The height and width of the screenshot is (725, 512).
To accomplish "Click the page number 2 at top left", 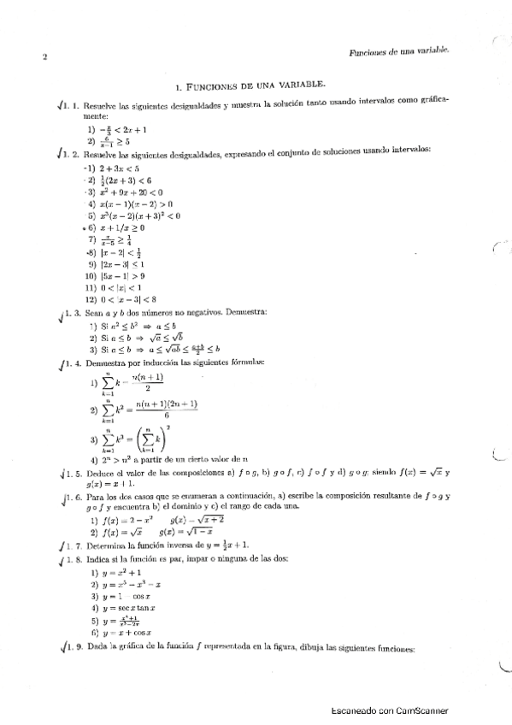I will point(43,58).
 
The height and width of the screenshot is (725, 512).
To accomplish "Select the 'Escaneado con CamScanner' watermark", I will point(389,710).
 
